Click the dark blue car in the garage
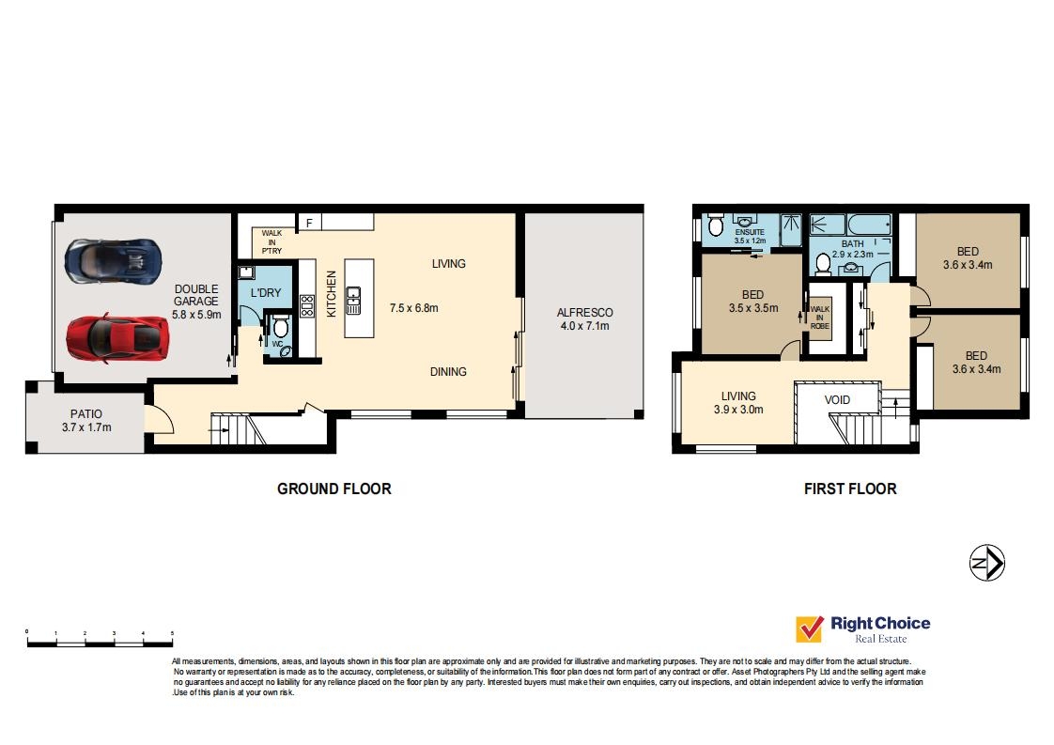pos(113,259)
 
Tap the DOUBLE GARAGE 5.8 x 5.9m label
pos(195,302)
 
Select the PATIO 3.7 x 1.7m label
pos(85,420)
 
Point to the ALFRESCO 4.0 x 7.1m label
pos(584,319)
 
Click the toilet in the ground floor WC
pos(279,328)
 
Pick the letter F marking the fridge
pos(308,224)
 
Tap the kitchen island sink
pos(354,302)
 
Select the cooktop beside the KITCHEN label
pos(306,306)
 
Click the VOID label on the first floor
pos(837,400)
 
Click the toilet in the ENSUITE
pos(714,225)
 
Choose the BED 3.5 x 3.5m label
pos(752,300)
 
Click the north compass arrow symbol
pos(987,563)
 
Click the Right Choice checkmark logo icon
pos(809,629)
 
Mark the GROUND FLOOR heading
pos(333,489)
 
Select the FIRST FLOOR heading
pos(849,489)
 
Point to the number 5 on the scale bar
pos(172,633)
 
